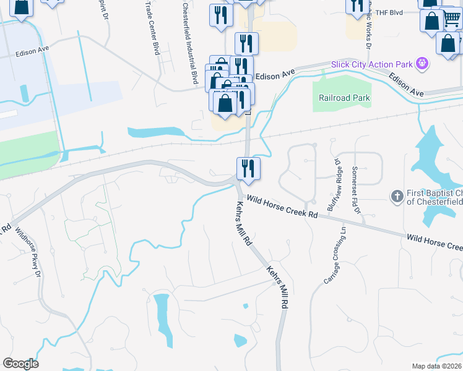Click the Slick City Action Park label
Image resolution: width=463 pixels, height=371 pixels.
380,64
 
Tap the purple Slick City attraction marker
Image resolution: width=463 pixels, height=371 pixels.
423,63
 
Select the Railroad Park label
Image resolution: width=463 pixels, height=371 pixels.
344,98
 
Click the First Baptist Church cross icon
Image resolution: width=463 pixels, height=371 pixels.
397,196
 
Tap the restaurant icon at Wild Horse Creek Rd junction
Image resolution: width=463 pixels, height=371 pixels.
248,168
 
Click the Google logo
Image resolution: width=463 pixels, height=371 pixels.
20,364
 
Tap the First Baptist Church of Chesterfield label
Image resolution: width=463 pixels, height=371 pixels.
433,197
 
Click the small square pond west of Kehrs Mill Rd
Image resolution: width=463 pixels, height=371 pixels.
246,306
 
